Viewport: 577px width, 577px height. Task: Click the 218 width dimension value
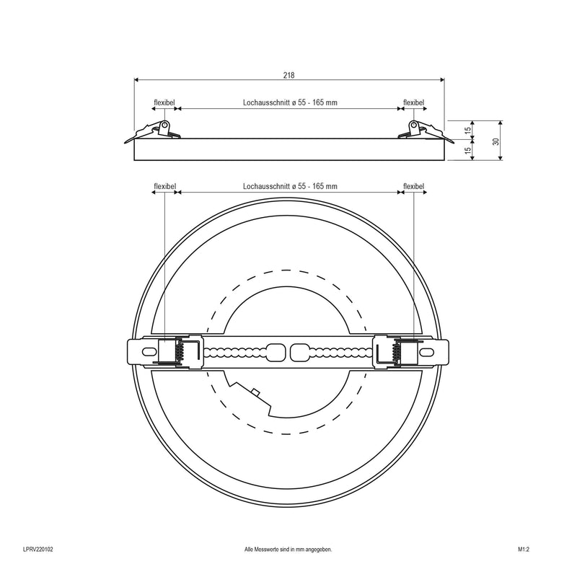[289, 75]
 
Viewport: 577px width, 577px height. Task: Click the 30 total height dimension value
[495, 141]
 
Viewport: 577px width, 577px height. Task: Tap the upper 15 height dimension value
[467, 130]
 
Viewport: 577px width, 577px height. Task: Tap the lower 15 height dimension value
[467, 150]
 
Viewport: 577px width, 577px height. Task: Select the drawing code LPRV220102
[38, 550]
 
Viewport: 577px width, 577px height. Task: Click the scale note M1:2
[524, 550]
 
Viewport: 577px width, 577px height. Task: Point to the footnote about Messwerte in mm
[288, 550]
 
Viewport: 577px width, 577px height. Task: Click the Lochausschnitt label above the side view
[290, 102]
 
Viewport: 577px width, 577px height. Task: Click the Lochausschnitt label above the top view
[290, 186]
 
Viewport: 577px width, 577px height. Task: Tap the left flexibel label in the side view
[164, 102]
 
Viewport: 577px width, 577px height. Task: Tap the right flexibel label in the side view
[413, 102]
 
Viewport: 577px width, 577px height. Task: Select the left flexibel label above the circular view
[164, 186]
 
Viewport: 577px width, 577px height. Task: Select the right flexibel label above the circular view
[413, 186]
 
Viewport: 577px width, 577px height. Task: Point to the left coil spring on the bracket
[180, 351]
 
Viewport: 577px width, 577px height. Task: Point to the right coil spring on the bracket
[397, 351]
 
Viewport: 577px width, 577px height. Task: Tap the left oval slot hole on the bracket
[149, 352]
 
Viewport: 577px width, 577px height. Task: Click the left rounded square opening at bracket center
[276, 352]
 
